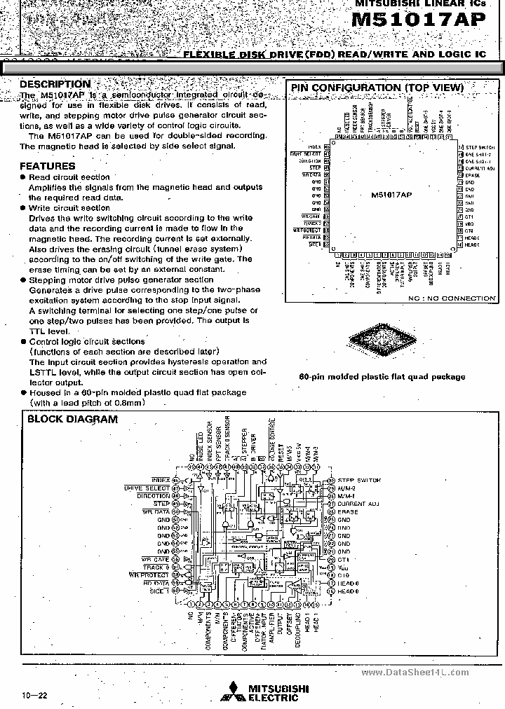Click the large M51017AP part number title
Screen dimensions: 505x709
coord(417,21)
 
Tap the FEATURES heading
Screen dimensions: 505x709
coord(47,166)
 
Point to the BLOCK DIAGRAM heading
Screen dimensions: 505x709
coord(72,420)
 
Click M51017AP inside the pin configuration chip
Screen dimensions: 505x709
coord(391,195)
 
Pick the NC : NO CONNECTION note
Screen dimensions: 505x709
coord(452,298)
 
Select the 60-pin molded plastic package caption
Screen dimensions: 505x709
coord(382,376)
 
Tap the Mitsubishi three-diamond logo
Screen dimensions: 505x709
coord(229,693)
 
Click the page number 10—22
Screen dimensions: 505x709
coord(35,696)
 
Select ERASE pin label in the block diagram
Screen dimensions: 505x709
coord(347,512)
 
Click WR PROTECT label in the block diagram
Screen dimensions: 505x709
coord(149,574)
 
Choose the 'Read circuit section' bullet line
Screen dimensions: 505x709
coord(69,177)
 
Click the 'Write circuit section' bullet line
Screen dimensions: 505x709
coord(69,208)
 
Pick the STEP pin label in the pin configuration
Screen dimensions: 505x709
coord(315,168)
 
